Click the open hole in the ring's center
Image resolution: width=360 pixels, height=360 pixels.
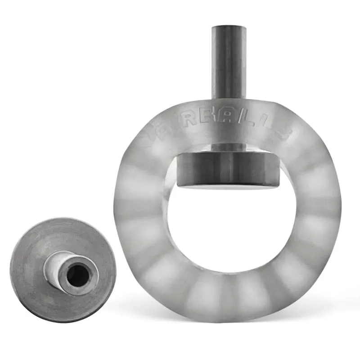click(x=229, y=229)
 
